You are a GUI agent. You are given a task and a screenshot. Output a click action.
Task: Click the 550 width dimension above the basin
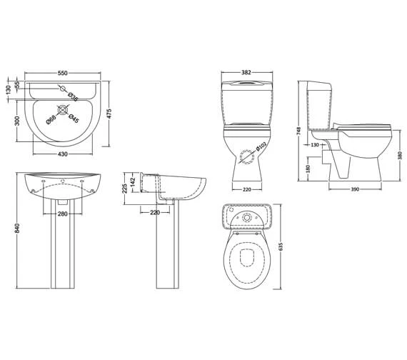[x=63, y=74]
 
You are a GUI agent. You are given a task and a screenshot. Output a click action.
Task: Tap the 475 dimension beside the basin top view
[x=109, y=114]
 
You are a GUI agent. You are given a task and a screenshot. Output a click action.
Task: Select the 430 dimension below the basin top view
[x=63, y=154]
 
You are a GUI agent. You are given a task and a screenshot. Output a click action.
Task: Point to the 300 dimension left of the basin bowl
[x=17, y=121]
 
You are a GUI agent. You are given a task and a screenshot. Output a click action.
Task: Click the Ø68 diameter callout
[x=51, y=120]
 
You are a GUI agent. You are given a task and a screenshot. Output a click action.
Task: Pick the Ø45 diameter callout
[x=74, y=118]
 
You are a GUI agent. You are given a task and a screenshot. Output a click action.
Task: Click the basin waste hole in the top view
[x=63, y=110]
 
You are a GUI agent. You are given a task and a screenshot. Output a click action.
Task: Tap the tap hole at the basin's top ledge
[x=63, y=89]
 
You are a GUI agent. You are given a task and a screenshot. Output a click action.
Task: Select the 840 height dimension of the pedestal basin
[x=17, y=229]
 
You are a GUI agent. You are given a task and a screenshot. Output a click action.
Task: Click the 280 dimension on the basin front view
[x=63, y=214]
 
